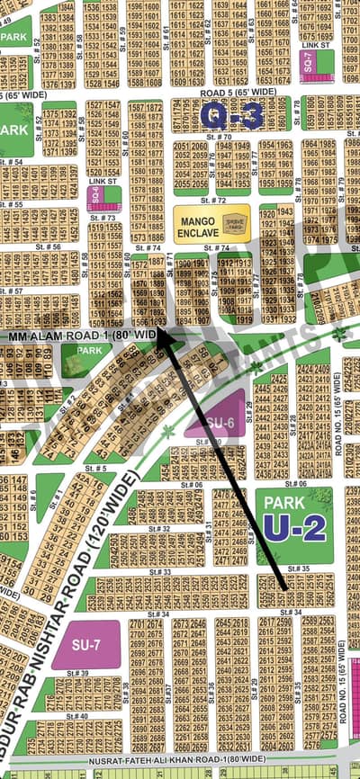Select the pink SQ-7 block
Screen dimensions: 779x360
(x=308, y=64)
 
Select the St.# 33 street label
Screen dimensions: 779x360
(x=161, y=572)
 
